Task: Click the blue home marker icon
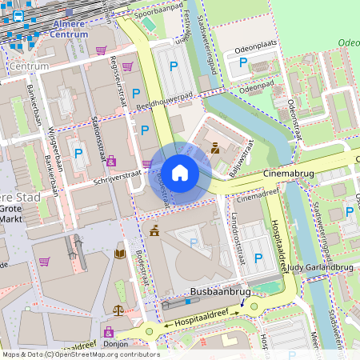click(x=179, y=173)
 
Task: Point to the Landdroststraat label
click(x=236, y=238)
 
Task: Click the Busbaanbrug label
click(x=221, y=294)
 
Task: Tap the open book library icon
click(x=120, y=254)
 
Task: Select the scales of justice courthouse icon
click(x=118, y=309)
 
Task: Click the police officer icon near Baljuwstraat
click(x=216, y=147)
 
